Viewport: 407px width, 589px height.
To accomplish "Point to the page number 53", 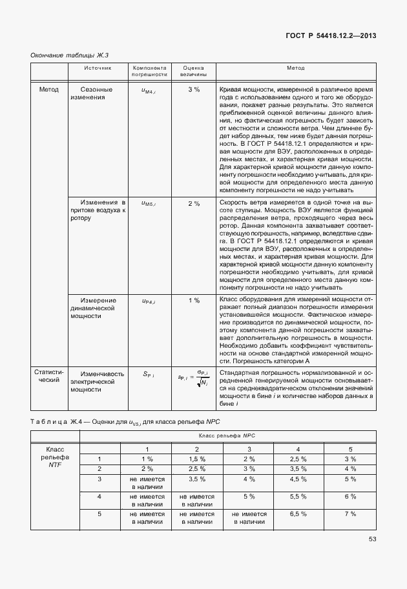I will click(372, 539).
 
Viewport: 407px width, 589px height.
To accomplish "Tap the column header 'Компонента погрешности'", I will click(149, 71).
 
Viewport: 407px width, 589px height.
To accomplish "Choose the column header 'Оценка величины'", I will click(194, 71).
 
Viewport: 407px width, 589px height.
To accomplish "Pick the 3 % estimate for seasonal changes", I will click(194, 89).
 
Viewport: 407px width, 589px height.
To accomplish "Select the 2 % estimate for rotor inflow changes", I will click(194, 204).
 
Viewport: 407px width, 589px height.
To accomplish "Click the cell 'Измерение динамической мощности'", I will click(98, 308).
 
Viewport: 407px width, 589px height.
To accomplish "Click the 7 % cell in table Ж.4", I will click(350, 514).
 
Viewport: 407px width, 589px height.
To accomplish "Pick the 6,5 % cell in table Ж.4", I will click(298, 514).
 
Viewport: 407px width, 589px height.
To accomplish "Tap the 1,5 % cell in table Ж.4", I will click(196, 458).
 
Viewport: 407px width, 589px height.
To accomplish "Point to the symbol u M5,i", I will click(149, 204).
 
